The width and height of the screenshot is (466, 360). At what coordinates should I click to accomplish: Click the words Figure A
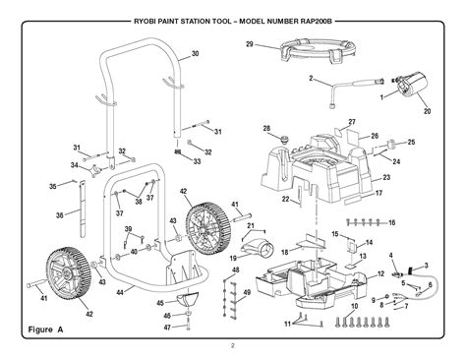tap(45, 330)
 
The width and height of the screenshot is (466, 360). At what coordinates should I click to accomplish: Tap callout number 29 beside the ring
tap(250, 44)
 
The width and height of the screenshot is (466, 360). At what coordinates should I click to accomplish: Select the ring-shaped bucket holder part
tap(318, 50)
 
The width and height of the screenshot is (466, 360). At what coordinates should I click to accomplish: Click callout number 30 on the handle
tap(195, 53)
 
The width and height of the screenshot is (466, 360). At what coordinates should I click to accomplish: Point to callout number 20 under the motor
tap(428, 111)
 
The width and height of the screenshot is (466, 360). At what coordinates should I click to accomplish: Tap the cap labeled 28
tap(283, 139)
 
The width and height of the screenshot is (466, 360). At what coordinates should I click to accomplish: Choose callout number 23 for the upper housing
tap(386, 177)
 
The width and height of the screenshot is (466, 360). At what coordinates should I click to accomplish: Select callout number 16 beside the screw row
tap(392, 223)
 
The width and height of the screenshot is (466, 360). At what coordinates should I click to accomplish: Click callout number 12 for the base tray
tap(380, 273)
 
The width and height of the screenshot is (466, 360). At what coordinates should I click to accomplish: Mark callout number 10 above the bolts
tap(354, 306)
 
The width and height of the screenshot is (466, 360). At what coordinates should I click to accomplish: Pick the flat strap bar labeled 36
tap(83, 210)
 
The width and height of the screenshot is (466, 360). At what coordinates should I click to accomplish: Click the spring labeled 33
tap(178, 151)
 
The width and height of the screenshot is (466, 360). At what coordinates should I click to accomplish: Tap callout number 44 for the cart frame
tap(120, 292)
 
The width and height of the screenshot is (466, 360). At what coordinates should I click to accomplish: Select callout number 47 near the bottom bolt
tap(167, 328)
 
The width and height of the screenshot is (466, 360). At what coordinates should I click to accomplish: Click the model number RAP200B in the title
tap(316, 22)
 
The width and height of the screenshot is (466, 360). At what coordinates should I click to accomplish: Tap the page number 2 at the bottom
tap(233, 345)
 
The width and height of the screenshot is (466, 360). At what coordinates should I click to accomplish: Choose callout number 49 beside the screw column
tap(247, 292)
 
